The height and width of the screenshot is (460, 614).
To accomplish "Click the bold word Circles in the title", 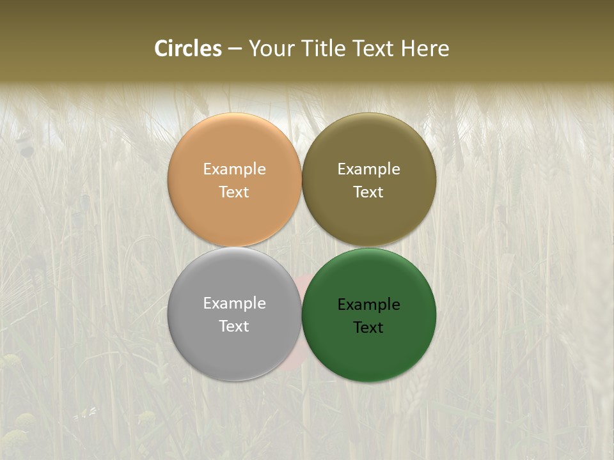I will tap(188, 49).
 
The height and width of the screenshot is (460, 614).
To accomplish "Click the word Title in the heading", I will tap(324, 49).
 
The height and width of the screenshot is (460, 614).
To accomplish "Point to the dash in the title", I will tap(235, 49).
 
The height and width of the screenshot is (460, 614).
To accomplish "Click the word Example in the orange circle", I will tap(234, 169).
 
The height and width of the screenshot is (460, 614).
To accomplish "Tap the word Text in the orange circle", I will tap(234, 192).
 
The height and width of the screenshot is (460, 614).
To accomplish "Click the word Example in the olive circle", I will tap(368, 169).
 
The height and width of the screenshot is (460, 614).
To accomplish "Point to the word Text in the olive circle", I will tap(368, 192).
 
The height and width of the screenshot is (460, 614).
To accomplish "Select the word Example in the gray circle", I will tap(234, 303).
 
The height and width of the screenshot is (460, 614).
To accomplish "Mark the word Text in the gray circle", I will tap(234, 326).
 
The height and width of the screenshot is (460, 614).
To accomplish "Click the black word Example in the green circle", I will tap(368, 304).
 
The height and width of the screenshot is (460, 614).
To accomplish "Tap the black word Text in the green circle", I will tap(368, 327).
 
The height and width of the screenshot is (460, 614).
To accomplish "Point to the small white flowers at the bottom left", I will tap(84, 414).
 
